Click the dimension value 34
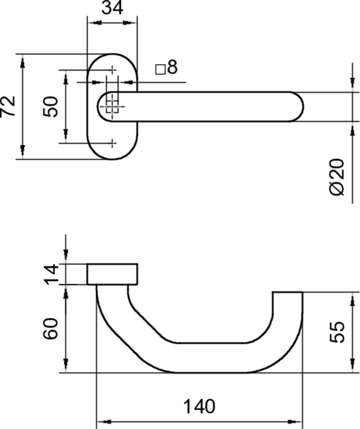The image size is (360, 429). (x=112, y=9)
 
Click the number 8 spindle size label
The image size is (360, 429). (x=172, y=68)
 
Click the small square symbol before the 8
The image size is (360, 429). (x=159, y=69)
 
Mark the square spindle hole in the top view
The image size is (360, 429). (x=112, y=106)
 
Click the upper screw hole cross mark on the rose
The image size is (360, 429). (x=112, y=70)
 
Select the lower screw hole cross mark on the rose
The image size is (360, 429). (x=112, y=143)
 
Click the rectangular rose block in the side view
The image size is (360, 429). (x=112, y=274)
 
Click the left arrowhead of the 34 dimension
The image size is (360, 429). (x=92, y=23)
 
